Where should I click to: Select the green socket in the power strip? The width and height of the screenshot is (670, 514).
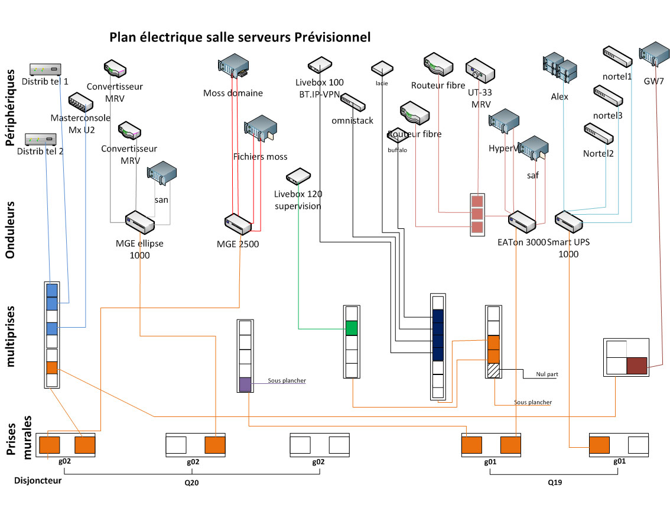[352, 328]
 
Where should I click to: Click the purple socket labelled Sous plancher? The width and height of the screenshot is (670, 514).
[245, 384]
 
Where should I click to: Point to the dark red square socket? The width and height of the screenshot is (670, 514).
[637, 367]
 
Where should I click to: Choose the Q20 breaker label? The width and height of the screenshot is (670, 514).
[192, 481]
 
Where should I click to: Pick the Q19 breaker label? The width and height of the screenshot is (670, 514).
[554, 481]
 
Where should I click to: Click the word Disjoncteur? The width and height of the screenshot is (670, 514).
[38, 480]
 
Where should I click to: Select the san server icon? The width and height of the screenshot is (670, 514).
[162, 173]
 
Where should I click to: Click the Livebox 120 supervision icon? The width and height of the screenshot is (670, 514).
[298, 176]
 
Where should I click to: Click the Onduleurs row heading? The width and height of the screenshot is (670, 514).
[11, 228]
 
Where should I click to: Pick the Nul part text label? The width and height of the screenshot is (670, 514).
[547, 374]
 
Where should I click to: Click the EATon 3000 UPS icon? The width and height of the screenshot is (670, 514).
[521, 222]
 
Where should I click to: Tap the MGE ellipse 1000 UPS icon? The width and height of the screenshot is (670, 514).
[139, 223]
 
